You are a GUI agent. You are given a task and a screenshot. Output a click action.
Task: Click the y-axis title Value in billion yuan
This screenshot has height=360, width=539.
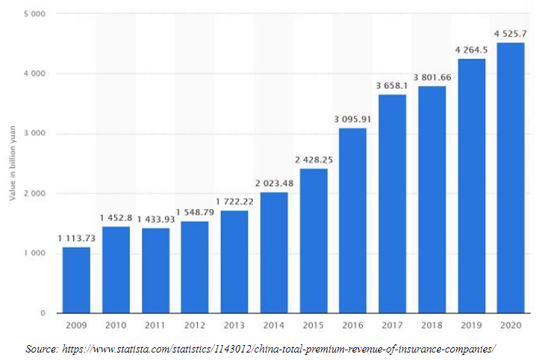click(x=13, y=164)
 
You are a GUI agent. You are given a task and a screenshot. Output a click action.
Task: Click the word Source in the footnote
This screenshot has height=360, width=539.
click(x=43, y=348)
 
